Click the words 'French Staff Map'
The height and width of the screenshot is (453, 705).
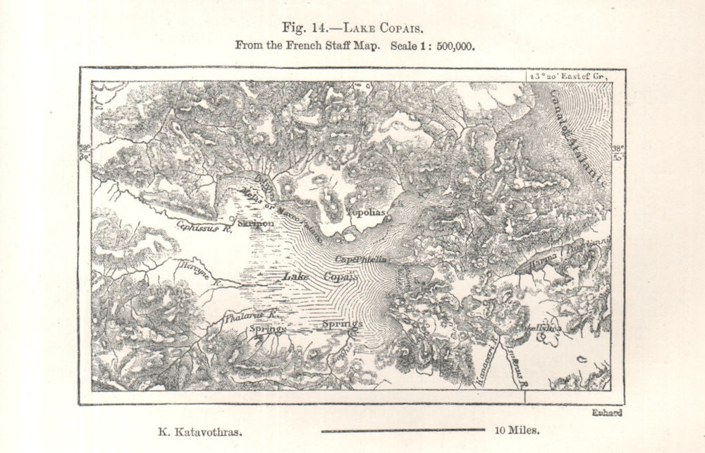(x=327, y=46)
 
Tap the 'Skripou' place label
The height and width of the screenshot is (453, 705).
(x=256, y=223)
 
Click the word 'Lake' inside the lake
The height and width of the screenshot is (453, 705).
(x=296, y=277)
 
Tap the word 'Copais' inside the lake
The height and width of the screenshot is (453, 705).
(x=341, y=277)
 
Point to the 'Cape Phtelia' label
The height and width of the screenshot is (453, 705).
(x=360, y=260)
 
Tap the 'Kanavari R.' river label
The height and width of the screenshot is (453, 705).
(x=486, y=360)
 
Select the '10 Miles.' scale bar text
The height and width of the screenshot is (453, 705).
(x=517, y=429)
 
